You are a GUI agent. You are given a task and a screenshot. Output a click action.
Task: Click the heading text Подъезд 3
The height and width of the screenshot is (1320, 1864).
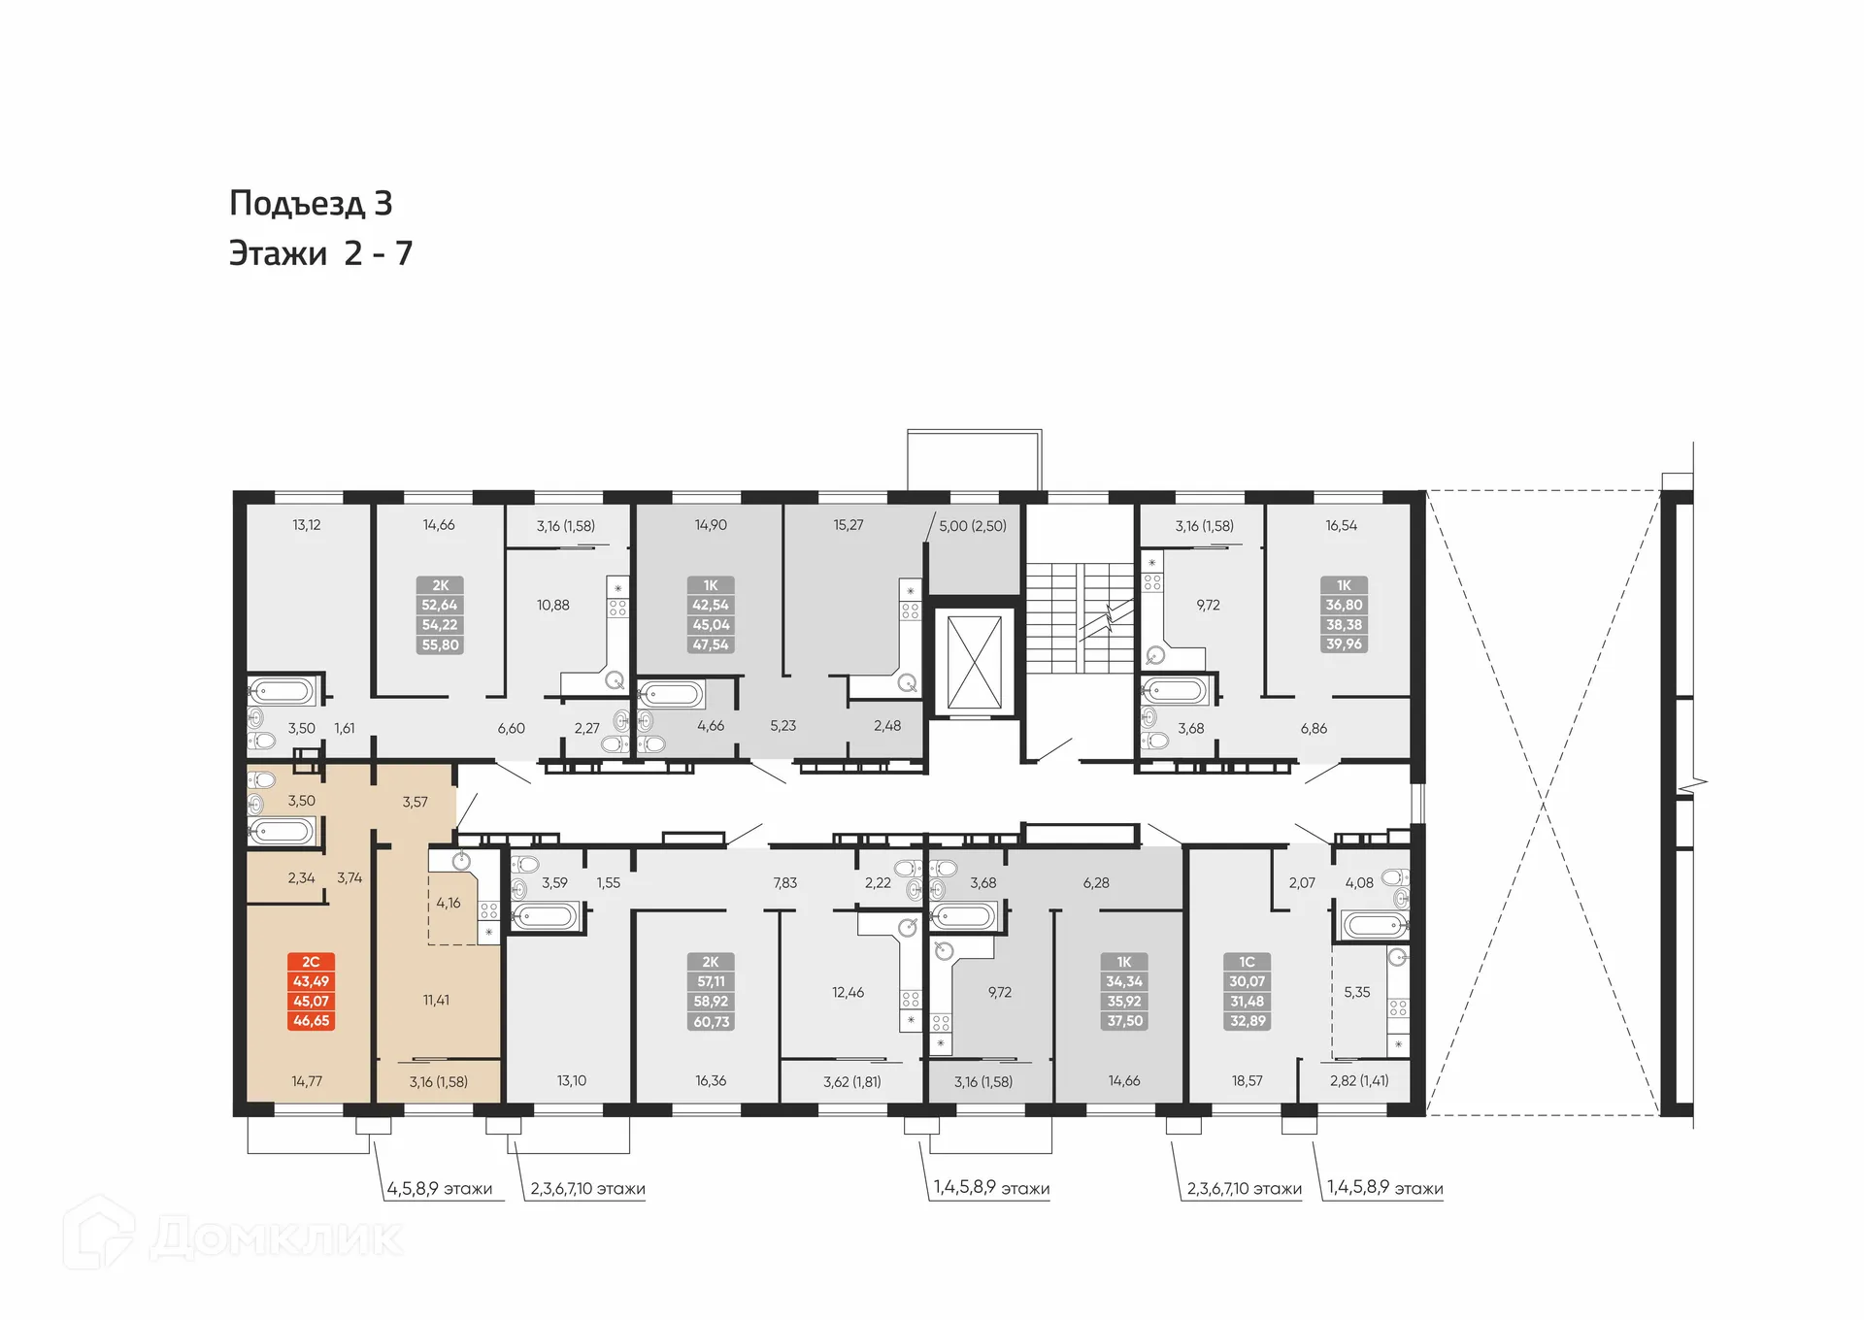[x=311, y=203]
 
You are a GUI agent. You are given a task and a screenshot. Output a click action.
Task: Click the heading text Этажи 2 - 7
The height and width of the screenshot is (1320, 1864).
[x=320, y=253]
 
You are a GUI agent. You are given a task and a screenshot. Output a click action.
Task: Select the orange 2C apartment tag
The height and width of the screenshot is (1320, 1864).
[x=311, y=991]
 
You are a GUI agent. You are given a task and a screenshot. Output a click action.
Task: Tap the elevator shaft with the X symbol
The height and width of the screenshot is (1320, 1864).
[x=974, y=662]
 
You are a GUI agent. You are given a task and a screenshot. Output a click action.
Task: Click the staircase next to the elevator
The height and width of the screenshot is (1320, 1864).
[x=1080, y=617]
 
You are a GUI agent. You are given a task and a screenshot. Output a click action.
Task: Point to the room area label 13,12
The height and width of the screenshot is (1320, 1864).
[x=306, y=525]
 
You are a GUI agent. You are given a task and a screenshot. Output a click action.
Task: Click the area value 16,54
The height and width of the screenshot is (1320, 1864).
[x=1341, y=525]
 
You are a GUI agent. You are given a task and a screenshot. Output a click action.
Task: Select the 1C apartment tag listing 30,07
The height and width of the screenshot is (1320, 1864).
[x=1247, y=991]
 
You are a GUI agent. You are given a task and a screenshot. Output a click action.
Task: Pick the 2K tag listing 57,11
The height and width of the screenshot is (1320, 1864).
[x=711, y=991]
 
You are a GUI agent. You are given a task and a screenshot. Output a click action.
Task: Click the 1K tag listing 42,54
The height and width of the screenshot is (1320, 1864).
[x=710, y=614]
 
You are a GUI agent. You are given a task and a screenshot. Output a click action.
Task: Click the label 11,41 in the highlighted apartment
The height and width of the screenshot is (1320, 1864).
[x=436, y=1000]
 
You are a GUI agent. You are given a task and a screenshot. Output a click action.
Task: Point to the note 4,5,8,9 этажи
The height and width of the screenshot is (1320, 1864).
[x=439, y=1188]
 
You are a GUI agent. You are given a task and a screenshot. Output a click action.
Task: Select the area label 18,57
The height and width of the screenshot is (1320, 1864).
[x=1247, y=1080]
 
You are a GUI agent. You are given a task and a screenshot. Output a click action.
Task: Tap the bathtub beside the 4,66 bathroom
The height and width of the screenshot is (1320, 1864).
[x=671, y=695]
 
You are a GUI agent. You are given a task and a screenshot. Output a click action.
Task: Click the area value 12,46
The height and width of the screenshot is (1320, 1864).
[x=848, y=992]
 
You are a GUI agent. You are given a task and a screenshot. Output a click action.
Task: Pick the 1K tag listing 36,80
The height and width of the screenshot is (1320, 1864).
[x=1344, y=614]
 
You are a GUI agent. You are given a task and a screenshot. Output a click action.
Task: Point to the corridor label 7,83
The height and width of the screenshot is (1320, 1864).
[x=784, y=882]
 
